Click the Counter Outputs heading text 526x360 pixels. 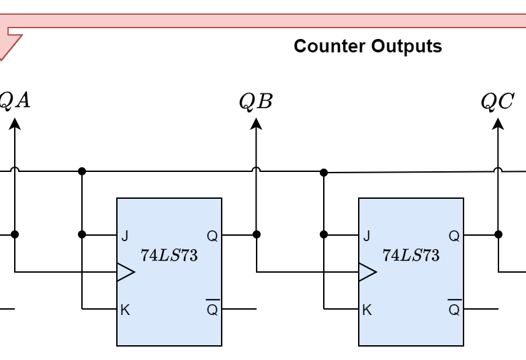coord(367,46)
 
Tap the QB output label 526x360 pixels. coord(256,101)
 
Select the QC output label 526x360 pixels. coord(497,101)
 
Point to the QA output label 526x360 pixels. coord(15,101)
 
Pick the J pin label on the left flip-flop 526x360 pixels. coord(124,236)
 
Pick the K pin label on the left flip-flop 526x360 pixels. coord(124,310)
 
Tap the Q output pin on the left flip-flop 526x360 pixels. coord(212,236)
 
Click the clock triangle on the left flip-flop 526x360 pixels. coord(126,272)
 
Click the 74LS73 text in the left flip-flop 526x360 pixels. coord(169,255)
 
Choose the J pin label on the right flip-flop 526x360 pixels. coord(366,236)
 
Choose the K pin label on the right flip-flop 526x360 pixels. coord(366,310)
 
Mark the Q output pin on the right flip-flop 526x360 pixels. coord(454,236)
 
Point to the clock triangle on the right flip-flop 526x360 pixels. coord(367,272)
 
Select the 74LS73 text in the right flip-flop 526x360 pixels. coord(411,255)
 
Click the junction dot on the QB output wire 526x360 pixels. coord(256,234)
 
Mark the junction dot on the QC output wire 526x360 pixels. coord(498,234)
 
